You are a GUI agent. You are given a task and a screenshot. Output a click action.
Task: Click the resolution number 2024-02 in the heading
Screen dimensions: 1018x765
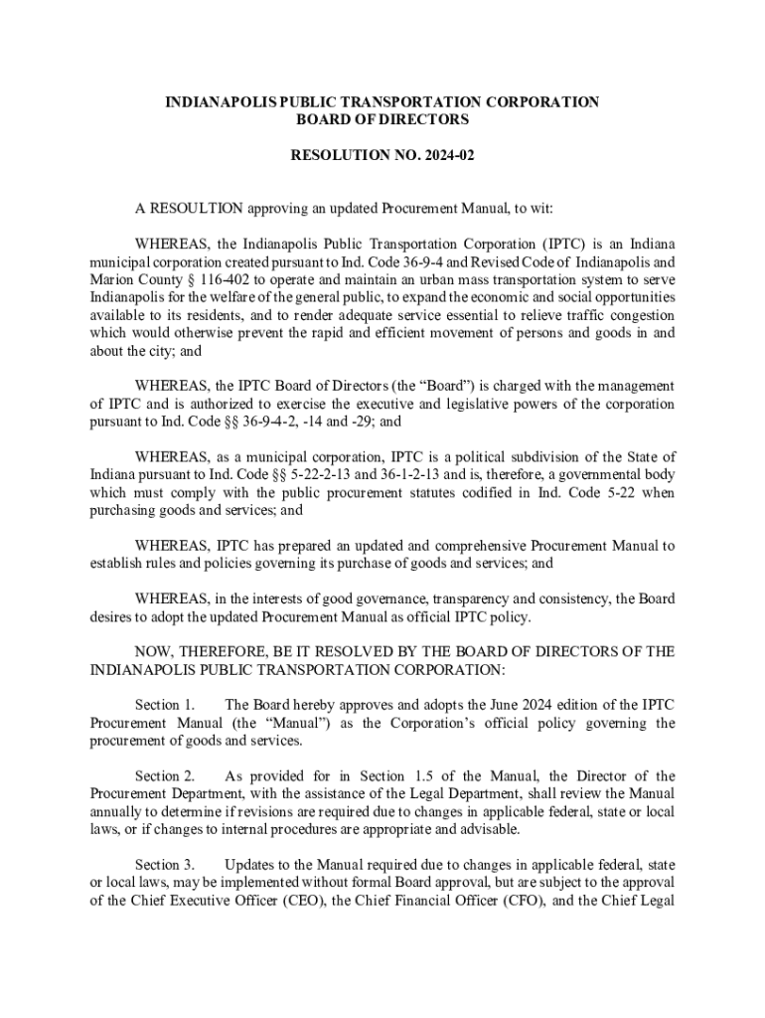pos(432,157)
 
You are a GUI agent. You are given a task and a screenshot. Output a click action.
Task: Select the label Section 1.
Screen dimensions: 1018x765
pos(164,705)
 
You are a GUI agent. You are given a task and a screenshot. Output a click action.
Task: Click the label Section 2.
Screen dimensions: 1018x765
pos(164,776)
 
